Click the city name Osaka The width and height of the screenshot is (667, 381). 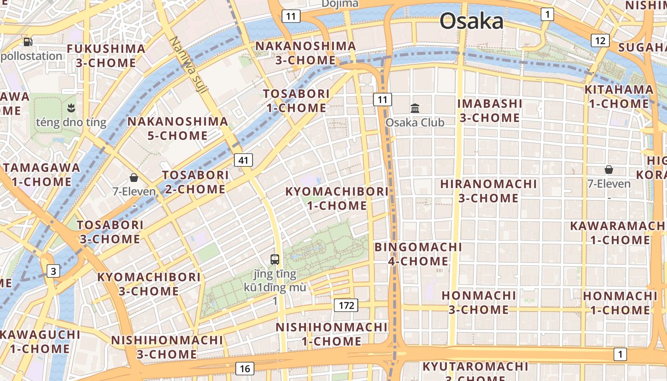[471, 21]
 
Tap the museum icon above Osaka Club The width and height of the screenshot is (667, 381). [415, 108]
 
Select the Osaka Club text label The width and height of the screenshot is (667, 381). [414, 122]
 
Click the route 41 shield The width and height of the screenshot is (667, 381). [243, 160]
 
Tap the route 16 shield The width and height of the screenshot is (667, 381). [244, 368]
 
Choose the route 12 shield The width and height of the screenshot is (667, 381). [600, 40]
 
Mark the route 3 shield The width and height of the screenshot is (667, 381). [53, 271]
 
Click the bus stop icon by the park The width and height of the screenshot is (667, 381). [275, 260]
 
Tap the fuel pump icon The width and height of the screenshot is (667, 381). [28, 42]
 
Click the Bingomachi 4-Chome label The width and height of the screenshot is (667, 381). [418, 254]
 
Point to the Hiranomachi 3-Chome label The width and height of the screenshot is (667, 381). [488, 190]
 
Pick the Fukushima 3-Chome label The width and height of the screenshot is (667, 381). [106, 56]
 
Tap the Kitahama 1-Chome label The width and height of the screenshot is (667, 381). [619, 96]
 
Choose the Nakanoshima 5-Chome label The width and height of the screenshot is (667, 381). [177, 128]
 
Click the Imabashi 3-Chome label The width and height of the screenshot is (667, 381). [490, 110]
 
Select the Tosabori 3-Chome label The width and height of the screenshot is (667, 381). [110, 231]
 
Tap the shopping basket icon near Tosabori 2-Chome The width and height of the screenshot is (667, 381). [134, 178]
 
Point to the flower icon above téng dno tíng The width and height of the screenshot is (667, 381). [71, 107]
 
